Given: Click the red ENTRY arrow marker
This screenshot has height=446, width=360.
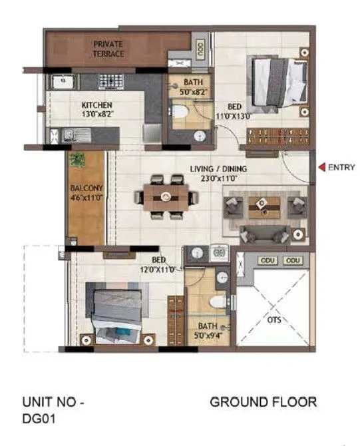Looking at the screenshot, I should pyautogui.click(x=321, y=168).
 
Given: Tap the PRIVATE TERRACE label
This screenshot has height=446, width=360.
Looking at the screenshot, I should pyautogui.click(x=108, y=49).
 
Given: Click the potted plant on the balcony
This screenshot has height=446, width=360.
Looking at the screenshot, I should pyautogui.click(x=78, y=160).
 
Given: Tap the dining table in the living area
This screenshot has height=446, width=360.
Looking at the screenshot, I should pyautogui.click(x=166, y=196).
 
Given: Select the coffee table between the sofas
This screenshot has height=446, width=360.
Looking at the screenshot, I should pyautogui.click(x=265, y=208).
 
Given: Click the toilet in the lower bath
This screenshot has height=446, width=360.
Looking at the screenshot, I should pyautogui.click(x=214, y=302).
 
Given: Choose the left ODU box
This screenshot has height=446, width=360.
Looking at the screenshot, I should pyautogui.click(x=268, y=260).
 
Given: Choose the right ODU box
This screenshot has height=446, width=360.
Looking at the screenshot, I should pyautogui.click(x=293, y=260).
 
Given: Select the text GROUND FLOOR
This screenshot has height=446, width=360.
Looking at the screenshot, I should pyautogui.click(x=263, y=401).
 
